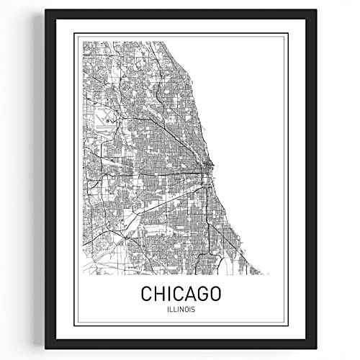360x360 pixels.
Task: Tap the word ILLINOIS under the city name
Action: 180,310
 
